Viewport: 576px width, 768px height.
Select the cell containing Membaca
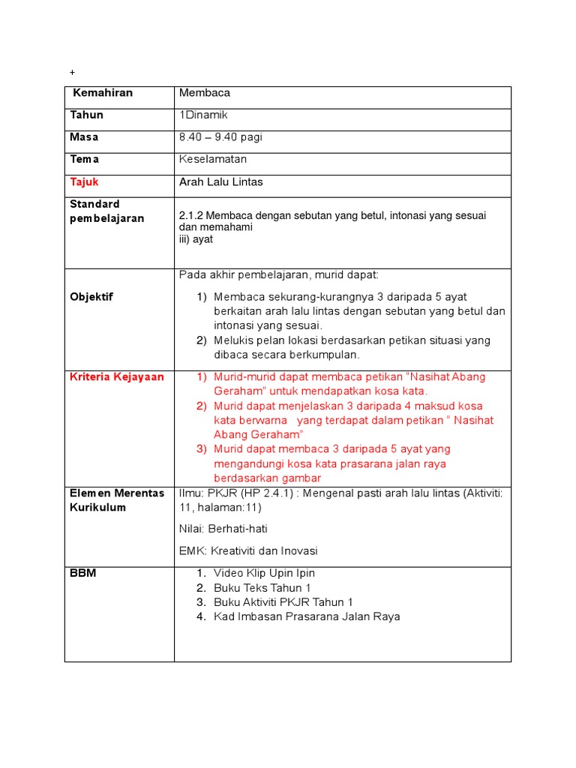click(205, 93)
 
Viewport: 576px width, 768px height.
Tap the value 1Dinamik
click(203, 115)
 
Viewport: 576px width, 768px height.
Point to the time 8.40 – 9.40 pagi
click(220, 137)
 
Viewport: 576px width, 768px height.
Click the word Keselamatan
click(213, 159)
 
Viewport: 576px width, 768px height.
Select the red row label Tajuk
click(84, 181)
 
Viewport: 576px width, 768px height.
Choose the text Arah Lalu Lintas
click(221, 181)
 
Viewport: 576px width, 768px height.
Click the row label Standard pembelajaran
click(107, 211)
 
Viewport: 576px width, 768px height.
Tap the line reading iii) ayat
click(196, 239)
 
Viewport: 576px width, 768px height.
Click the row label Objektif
click(91, 296)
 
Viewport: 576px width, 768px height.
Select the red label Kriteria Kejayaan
click(117, 376)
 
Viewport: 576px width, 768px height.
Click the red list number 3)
click(201, 449)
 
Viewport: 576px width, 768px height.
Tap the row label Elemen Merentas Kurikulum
click(116, 499)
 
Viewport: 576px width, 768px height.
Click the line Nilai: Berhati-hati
click(223, 529)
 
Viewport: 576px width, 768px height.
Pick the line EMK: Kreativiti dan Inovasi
click(248, 550)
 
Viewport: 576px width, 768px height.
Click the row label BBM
click(83, 573)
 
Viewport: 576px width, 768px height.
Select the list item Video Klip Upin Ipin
click(264, 573)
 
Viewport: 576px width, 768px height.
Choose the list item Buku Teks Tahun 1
click(262, 588)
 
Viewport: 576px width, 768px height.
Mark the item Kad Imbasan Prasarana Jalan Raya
click(307, 616)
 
